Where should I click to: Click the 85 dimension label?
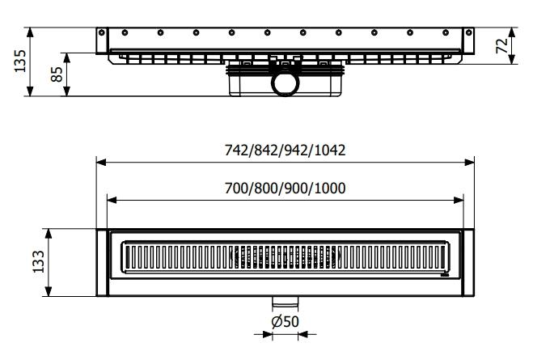pyautogui.click(x=57, y=76)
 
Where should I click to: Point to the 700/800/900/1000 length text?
pyautogui.click(x=286, y=188)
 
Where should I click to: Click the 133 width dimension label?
pyautogui.click(x=38, y=262)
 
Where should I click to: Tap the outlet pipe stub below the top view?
pyautogui.click(x=286, y=303)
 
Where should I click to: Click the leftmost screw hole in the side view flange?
pyautogui.click(x=125, y=32)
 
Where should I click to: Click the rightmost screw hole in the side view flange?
pyautogui.click(x=445, y=32)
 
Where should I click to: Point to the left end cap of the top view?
pyautogui.click(x=102, y=262)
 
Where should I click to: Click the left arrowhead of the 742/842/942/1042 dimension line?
pyautogui.click(x=100, y=162)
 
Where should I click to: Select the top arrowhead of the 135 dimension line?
pyautogui.click(x=31, y=30)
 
